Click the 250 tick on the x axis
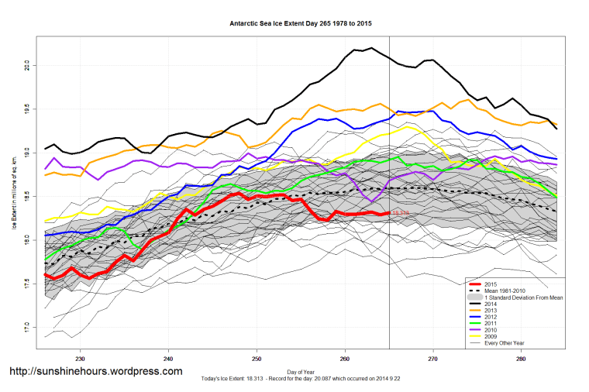[x=257, y=359]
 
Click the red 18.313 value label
[x=400, y=213]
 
